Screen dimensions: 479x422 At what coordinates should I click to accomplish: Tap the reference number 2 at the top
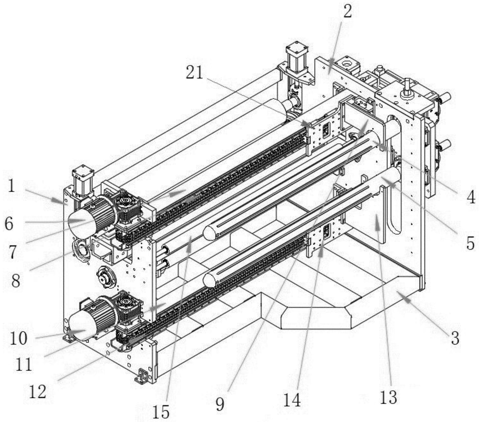347,11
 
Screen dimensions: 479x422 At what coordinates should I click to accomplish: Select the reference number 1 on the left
11,186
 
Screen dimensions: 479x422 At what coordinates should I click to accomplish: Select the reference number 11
24,364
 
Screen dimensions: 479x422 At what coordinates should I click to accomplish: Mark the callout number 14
292,400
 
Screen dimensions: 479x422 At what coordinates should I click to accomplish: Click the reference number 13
388,397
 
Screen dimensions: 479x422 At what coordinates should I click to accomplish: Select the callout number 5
470,243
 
